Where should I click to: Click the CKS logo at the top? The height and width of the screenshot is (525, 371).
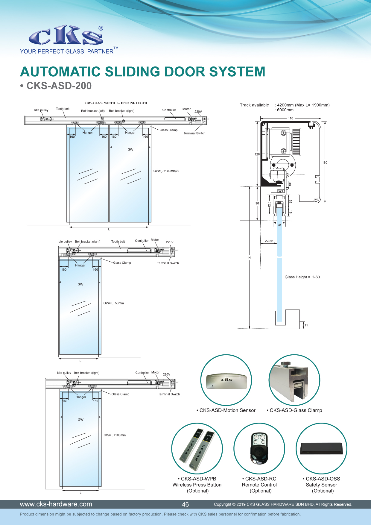(66, 35)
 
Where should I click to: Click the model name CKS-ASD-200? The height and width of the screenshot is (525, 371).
(59, 86)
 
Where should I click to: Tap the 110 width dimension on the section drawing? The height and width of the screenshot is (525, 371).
(291, 118)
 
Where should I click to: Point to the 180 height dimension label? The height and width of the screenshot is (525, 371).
(325, 163)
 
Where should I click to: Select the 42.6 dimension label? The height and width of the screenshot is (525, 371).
(269, 204)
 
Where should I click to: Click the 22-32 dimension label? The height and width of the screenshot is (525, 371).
(269, 241)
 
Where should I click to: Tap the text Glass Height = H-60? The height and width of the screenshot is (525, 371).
(302, 277)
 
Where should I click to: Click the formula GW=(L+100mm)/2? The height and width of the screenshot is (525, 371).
(166, 171)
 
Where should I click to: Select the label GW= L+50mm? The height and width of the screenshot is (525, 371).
(113, 303)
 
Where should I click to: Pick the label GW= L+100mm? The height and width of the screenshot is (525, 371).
(115, 435)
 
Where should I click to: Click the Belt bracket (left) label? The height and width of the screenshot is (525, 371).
(93, 111)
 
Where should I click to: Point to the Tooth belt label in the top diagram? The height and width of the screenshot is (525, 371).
(63, 109)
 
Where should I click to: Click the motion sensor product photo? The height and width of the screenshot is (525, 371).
(226, 381)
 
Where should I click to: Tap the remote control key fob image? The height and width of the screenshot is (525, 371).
(259, 448)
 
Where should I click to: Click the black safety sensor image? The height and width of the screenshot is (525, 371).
(321, 448)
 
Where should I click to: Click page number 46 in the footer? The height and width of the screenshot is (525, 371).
(185, 504)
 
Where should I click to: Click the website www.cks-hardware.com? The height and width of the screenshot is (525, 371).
(56, 504)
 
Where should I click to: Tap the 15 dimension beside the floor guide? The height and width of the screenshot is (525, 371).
(306, 325)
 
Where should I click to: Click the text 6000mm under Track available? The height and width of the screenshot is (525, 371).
(285, 110)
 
